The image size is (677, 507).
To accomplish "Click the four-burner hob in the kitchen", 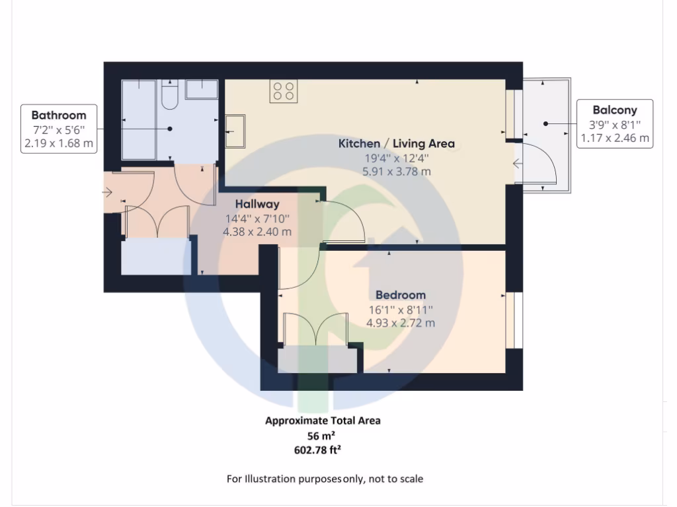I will coord(284,91).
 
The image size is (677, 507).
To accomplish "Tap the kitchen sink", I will coord(235,131).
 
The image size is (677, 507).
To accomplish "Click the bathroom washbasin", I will coord(202,88).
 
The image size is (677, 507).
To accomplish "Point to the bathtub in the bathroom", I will coord(138,119).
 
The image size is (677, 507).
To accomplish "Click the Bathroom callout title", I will coord(59,115).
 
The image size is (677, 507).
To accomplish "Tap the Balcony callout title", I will coord(615,110).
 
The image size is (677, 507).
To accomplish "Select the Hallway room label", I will coord(258,204).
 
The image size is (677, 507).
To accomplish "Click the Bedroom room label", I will coord(401,294).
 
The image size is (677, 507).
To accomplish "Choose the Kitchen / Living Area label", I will coord(397,143).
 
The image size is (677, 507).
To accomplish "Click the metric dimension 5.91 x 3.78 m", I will coord(397,171).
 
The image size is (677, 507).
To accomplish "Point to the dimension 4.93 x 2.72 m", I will coord(401,323).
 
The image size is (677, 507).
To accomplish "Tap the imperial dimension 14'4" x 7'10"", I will coord(258,218).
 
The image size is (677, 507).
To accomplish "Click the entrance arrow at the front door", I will coord(108,192).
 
